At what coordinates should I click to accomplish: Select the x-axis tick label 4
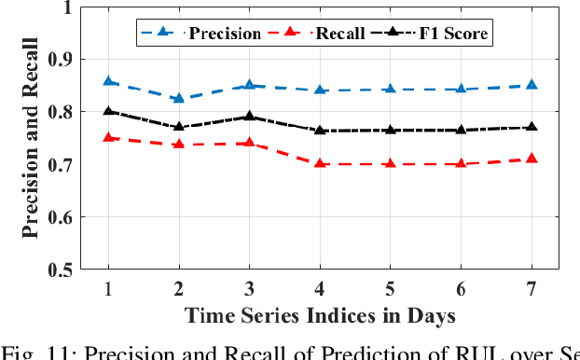tap(320, 288)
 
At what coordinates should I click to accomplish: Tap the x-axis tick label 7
tap(531, 288)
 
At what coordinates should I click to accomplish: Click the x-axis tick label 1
tap(109, 288)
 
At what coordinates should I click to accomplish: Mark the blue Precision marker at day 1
tap(109, 81)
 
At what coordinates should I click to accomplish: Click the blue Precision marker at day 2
tap(179, 98)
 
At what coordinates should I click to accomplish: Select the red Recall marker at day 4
tap(320, 163)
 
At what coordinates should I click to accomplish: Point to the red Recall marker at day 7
tap(531, 159)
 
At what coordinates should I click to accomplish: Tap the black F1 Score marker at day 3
tap(249, 117)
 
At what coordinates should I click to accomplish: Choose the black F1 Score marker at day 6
tap(461, 130)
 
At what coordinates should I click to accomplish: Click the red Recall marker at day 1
tap(109, 137)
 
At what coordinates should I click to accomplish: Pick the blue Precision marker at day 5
tap(390, 89)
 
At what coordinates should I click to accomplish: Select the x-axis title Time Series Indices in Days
tap(320, 315)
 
